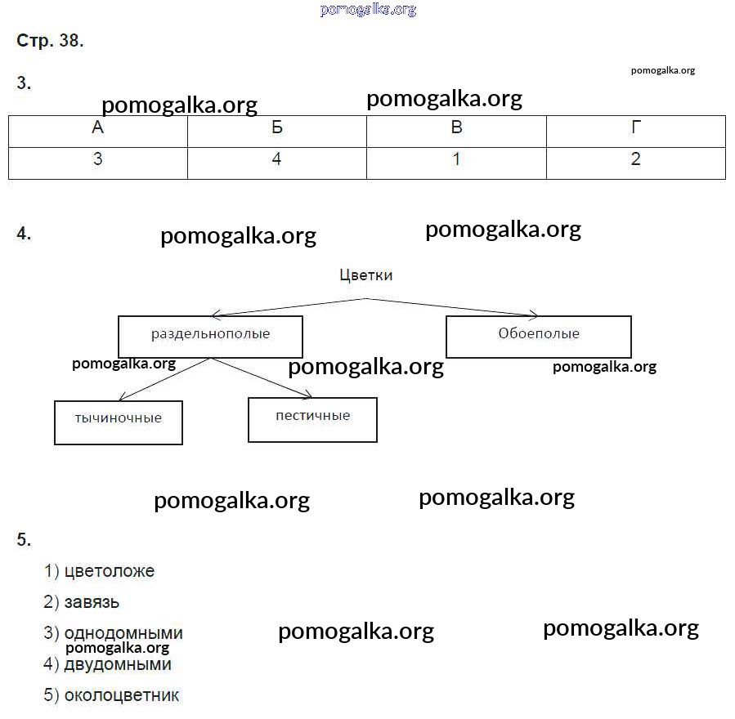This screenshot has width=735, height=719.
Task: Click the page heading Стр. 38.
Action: (x=50, y=41)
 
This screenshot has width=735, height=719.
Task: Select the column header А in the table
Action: (x=98, y=127)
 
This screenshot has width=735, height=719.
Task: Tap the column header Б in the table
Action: (x=277, y=127)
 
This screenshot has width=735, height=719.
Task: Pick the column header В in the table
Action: (x=456, y=127)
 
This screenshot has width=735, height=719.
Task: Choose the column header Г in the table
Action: (x=636, y=127)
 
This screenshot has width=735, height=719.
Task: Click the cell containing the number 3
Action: (x=98, y=160)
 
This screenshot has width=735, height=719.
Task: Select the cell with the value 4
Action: (x=277, y=160)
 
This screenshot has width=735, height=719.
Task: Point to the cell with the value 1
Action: (x=456, y=160)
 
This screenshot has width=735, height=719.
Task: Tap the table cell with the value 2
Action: (x=636, y=160)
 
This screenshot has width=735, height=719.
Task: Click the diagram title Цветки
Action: (x=365, y=275)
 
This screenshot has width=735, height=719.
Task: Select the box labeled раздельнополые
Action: (x=210, y=335)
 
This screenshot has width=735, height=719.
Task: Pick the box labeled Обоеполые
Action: (x=539, y=334)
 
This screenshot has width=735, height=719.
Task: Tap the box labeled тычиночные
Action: (x=119, y=420)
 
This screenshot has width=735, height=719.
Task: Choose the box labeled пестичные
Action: (x=312, y=418)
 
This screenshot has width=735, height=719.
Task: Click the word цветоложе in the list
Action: (x=109, y=571)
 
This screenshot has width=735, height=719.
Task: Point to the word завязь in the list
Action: (x=92, y=602)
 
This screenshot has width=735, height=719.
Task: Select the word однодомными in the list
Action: (x=123, y=633)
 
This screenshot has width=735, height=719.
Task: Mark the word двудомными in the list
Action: (x=118, y=664)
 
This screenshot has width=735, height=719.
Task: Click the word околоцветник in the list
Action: (x=121, y=695)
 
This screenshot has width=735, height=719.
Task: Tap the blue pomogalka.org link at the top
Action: (x=368, y=10)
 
